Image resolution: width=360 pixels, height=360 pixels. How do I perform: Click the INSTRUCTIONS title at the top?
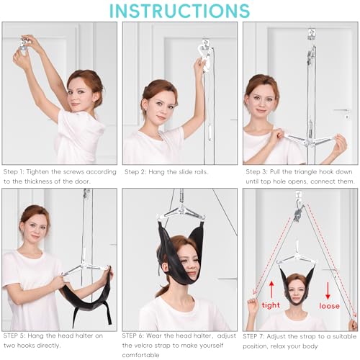click(180, 11)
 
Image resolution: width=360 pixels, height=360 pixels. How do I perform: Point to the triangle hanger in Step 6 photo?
click(180, 210)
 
